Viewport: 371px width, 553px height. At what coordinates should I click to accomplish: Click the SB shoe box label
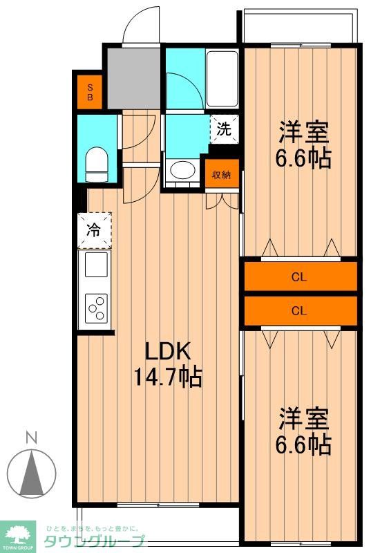(90, 92)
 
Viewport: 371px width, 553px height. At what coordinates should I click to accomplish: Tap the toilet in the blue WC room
(96, 165)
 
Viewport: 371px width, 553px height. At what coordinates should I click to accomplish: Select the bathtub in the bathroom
(222, 79)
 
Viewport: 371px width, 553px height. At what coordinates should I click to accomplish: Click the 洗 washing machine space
(224, 129)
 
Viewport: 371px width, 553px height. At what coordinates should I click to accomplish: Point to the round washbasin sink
(182, 170)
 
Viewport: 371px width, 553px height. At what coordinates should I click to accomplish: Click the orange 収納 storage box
(222, 174)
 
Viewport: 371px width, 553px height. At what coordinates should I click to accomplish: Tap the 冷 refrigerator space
(95, 230)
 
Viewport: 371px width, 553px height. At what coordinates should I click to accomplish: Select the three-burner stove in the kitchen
(97, 308)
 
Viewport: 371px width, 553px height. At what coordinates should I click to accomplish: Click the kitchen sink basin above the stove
(96, 265)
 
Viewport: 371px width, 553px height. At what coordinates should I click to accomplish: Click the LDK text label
(168, 351)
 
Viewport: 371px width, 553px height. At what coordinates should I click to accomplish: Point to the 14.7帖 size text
(168, 377)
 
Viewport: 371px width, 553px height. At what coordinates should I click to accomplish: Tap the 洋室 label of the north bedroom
(304, 132)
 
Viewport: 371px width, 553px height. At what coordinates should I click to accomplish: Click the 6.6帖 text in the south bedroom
(303, 444)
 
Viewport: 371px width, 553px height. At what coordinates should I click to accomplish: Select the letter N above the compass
(32, 438)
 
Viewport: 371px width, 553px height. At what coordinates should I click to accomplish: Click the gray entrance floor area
(134, 78)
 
